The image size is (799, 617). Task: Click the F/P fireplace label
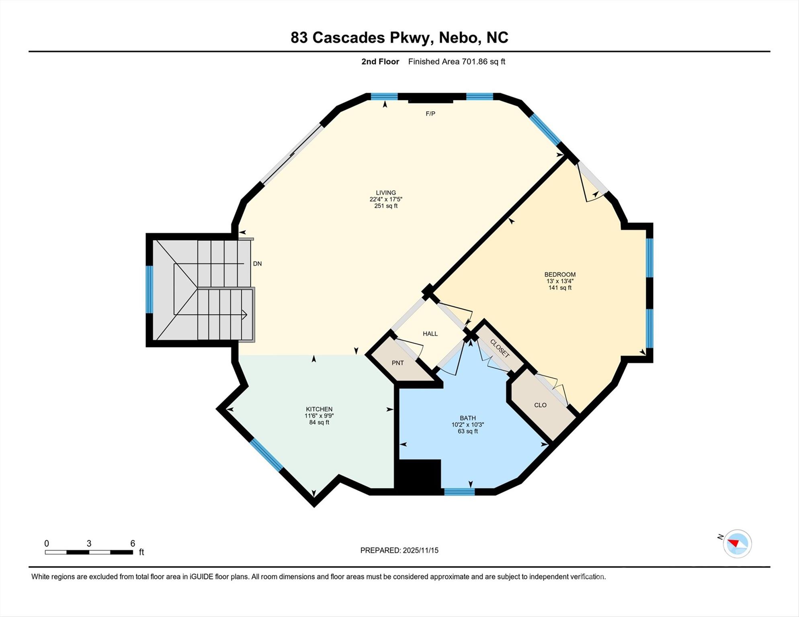[430, 114]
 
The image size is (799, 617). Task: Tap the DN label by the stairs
[257, 264]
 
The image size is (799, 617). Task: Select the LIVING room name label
[386, 192]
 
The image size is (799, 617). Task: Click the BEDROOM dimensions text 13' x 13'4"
[560, 281]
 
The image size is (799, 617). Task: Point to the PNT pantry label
[397, 363]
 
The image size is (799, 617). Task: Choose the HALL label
[430, 333]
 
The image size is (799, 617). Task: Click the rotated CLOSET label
[500, 348]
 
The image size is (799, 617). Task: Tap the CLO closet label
[540, 405]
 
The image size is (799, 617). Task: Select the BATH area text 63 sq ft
[468, 431]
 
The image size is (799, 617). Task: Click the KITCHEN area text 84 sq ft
[319, 422]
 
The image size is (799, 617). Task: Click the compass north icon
[737, 543]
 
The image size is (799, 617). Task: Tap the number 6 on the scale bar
[133, 543]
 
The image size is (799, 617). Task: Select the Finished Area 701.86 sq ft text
[457, 61]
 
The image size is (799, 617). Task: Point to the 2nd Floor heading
[380, 61]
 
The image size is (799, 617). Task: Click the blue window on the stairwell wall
[149, 289]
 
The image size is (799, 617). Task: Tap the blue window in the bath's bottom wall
[459, 492]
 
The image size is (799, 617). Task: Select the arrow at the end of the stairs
[244, 315]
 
